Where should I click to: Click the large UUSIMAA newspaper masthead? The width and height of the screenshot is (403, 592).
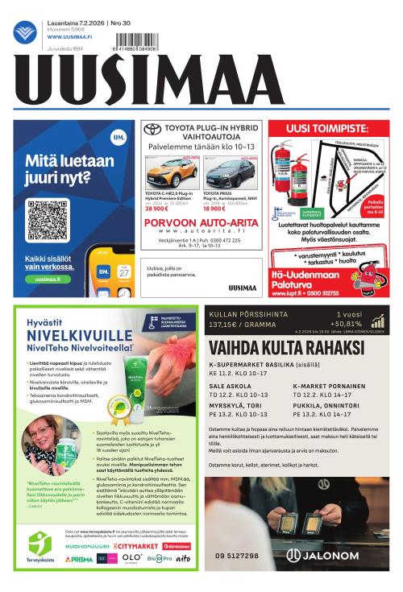pyautogui.click(x=201, y=81)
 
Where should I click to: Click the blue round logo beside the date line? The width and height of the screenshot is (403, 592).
pyautogui.click(x=24, y=32)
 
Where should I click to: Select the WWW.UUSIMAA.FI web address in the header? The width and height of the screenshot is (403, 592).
pyautogui.click(x=69, y=36)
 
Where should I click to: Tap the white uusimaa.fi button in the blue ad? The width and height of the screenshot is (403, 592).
pyautogui.click(x=48, y=279)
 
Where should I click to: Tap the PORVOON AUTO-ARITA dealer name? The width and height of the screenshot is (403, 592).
pyautogui.click(x=201, y=222)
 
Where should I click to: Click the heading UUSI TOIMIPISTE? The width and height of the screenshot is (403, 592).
pyautogui.click(x=331, y=130)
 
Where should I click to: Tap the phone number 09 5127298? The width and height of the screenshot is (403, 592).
pyautogui.click(x=237, y=556)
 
